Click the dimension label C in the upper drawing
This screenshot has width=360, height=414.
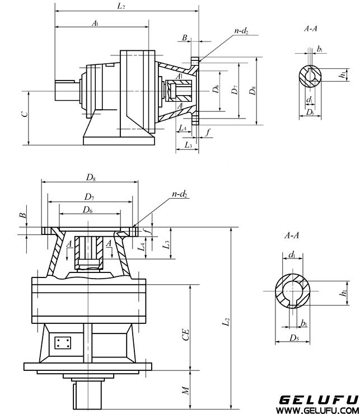click(x=23, y=114)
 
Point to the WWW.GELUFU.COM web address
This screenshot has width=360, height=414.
click(x=319, y=410)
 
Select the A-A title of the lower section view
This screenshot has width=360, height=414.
click(x=292, y=236)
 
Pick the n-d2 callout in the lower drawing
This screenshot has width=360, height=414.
click(x=180, y=194)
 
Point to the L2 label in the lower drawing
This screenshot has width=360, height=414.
click(x=226, y=322)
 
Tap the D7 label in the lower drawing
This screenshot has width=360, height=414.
click(x=89, y=196)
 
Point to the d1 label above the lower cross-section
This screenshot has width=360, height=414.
click(x=292, y=255)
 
